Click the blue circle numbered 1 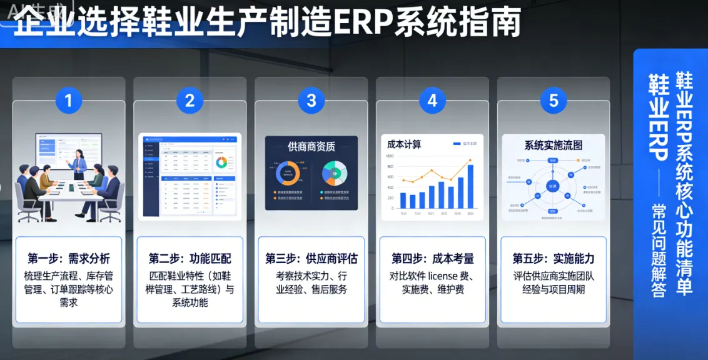[69, 101]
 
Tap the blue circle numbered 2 [190, 101]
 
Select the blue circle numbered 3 [311, 101]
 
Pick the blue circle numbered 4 [432, 101]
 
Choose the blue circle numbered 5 [554, 101]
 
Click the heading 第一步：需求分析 [69, 259]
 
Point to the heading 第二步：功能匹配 [190, 259]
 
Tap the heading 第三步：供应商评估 [311, 259]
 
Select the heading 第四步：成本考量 [432, 259]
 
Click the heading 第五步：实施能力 [554, 259]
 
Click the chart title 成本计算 [404, 144]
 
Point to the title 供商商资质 [311, 147]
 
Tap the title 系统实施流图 [553, 145]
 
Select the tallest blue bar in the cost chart [470, 186]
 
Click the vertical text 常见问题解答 [659, 250]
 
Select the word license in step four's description [443, 276]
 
